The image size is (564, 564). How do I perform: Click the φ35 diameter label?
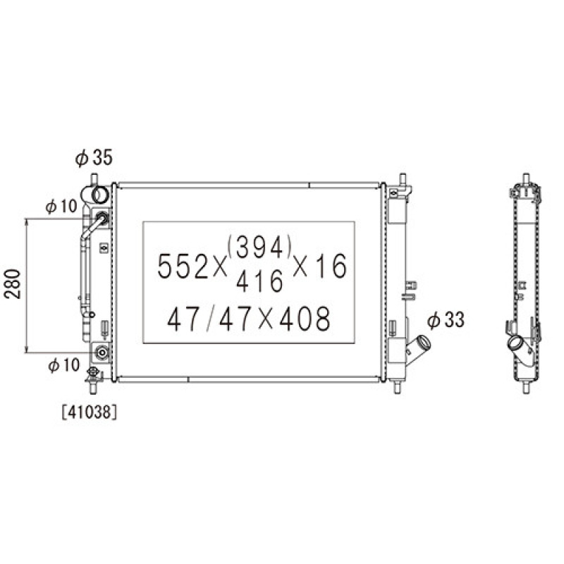point(94,158)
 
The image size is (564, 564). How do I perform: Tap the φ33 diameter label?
point(446,320)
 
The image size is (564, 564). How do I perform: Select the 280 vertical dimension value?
point(13,284)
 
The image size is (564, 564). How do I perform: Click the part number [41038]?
point(90,412)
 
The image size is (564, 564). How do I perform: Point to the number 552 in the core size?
point(183,266)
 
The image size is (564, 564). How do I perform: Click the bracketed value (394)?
point(259,247)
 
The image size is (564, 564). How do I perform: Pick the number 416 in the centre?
point(260,281)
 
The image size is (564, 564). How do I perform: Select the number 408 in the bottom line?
point(305,319)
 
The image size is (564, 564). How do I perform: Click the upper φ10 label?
point(61,206)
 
